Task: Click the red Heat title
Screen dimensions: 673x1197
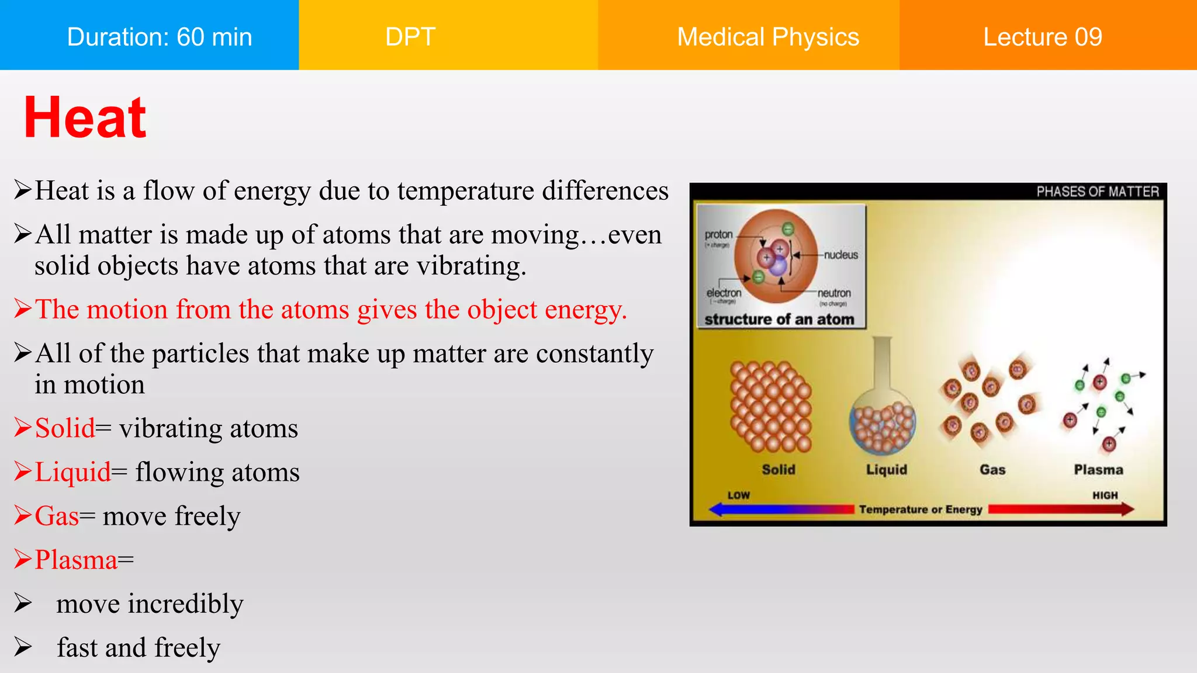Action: [x=85, y=118]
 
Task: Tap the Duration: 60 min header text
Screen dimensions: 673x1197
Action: [x=159, y=37]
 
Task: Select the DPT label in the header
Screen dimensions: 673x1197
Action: [x=410, y=37]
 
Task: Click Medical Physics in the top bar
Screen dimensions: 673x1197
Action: [x=767, y=37]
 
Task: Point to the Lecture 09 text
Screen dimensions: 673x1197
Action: [x=1042, y=37]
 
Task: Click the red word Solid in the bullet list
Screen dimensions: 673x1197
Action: [x=65, y=428]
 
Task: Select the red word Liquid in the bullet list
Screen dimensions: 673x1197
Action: [x=73, y=472]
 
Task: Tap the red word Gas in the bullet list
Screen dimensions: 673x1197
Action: [x=57, y=516]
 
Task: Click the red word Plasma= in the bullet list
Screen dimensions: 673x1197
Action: [x=84, y=560]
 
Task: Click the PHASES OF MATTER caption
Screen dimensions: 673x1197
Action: [x=1097, y=192]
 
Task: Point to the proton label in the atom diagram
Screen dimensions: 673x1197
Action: [x=718, y=234]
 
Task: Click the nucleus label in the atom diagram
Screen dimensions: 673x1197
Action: [x=840, y=255]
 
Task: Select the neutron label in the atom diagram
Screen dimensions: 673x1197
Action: [x=833, y=293]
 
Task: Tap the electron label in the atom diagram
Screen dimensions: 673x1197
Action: [x=724, y=293]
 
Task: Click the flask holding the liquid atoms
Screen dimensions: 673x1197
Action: [x=883, y=409]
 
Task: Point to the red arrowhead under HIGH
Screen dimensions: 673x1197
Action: [x=1127, y=509]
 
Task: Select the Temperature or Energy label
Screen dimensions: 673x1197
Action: [x=921, y=509]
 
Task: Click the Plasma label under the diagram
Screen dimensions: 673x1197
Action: [x=1098, y=470]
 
